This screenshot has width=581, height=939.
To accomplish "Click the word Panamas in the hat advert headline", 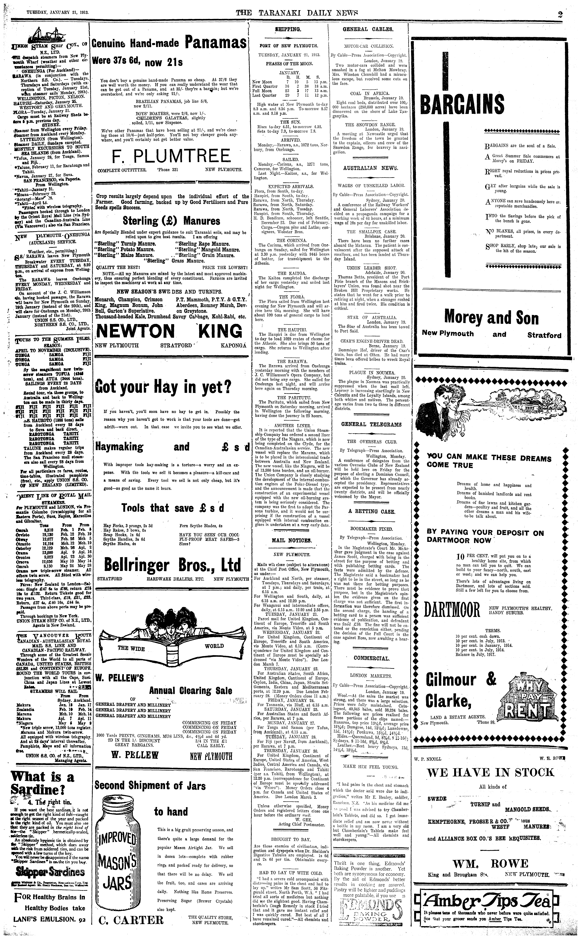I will coord(215,43).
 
